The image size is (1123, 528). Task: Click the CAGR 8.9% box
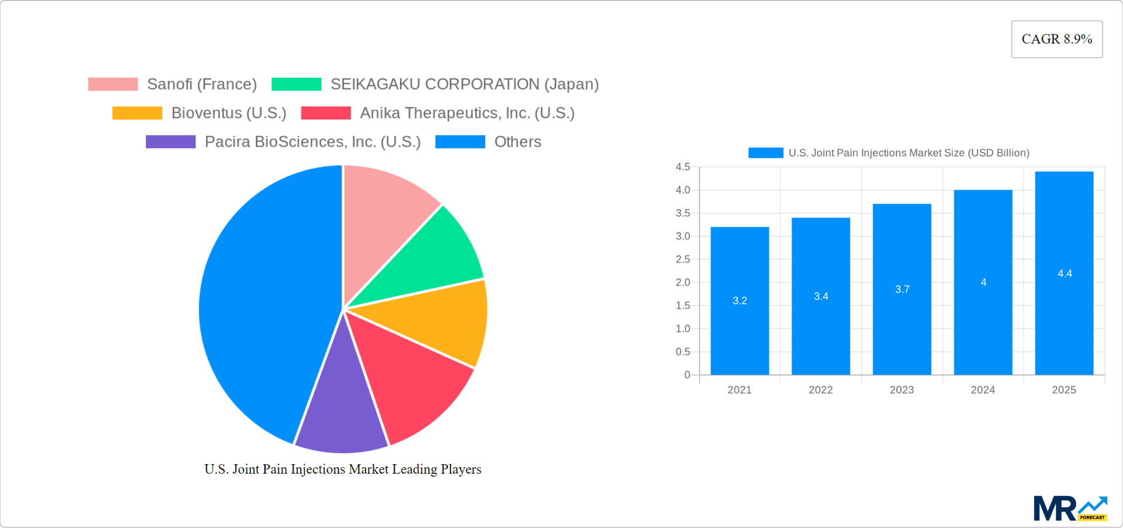point(1056,39)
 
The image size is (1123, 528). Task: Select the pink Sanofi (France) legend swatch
point(113,84)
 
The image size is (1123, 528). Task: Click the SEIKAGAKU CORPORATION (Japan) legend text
point(464,84)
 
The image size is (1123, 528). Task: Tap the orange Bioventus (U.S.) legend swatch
point(137,113)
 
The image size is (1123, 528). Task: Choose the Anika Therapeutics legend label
point(467,113)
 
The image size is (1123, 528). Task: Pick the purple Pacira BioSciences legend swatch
point(170,142)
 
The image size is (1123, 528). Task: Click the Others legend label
point(517,142)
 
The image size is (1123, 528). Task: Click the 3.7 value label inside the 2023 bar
point(902,289)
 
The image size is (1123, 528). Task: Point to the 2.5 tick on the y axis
point(683,259)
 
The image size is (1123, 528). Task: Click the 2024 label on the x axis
point(983,390)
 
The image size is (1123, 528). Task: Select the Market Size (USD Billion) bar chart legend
point(889,153)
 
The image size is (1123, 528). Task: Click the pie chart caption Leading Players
point(342,469)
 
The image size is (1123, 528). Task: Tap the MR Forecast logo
point(1070,508)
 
